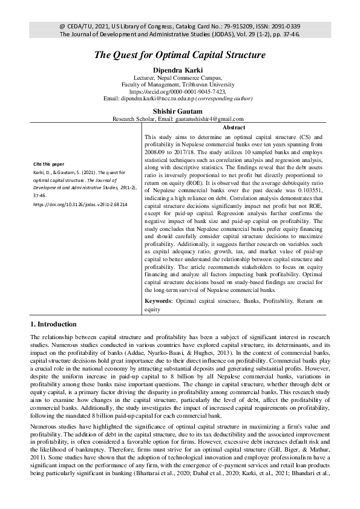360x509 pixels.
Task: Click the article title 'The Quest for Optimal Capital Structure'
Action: (x=180, y=55)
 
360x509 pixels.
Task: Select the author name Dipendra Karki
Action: (x=180, y=71)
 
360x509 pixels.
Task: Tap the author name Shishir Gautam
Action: (x=180, y=110)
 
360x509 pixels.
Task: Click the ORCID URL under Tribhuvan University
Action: (x=180, y=91)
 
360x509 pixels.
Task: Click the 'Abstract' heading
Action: (x=234, y=128)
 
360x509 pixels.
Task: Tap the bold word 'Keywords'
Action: (x=159, y=300)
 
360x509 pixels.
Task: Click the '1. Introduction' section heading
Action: (x=53, y=324)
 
